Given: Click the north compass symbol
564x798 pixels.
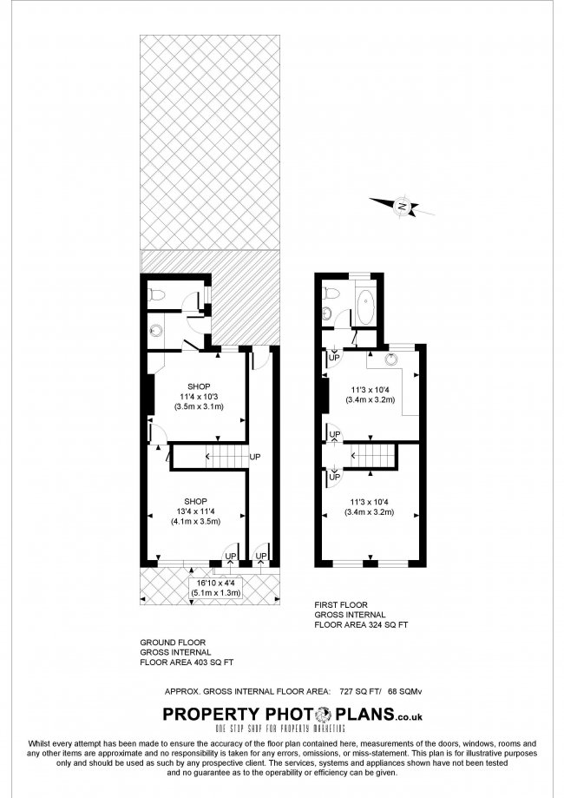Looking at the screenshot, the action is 402,206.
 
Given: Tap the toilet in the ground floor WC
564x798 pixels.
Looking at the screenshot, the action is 155,295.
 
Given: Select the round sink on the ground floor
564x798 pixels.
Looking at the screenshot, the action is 155,331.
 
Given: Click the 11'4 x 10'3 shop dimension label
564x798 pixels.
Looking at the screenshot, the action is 199,397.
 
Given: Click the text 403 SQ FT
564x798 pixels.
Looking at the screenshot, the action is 213,663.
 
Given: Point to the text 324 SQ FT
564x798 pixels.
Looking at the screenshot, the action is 388,625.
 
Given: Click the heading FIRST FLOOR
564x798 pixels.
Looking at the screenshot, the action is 341,605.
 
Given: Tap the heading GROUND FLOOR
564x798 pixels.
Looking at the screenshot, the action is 173,643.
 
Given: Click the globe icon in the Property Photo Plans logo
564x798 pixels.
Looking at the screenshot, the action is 324,715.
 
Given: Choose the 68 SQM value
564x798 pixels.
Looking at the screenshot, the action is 405,692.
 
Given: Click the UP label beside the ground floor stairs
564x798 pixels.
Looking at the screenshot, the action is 255,457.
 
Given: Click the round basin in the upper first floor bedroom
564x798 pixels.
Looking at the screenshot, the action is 391,359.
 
